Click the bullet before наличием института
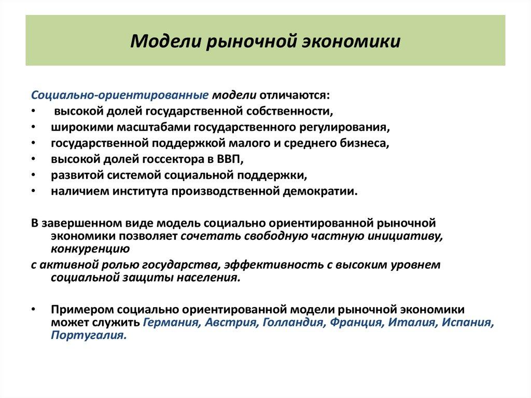33,191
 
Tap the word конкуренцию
90,249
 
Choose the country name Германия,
171,322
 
